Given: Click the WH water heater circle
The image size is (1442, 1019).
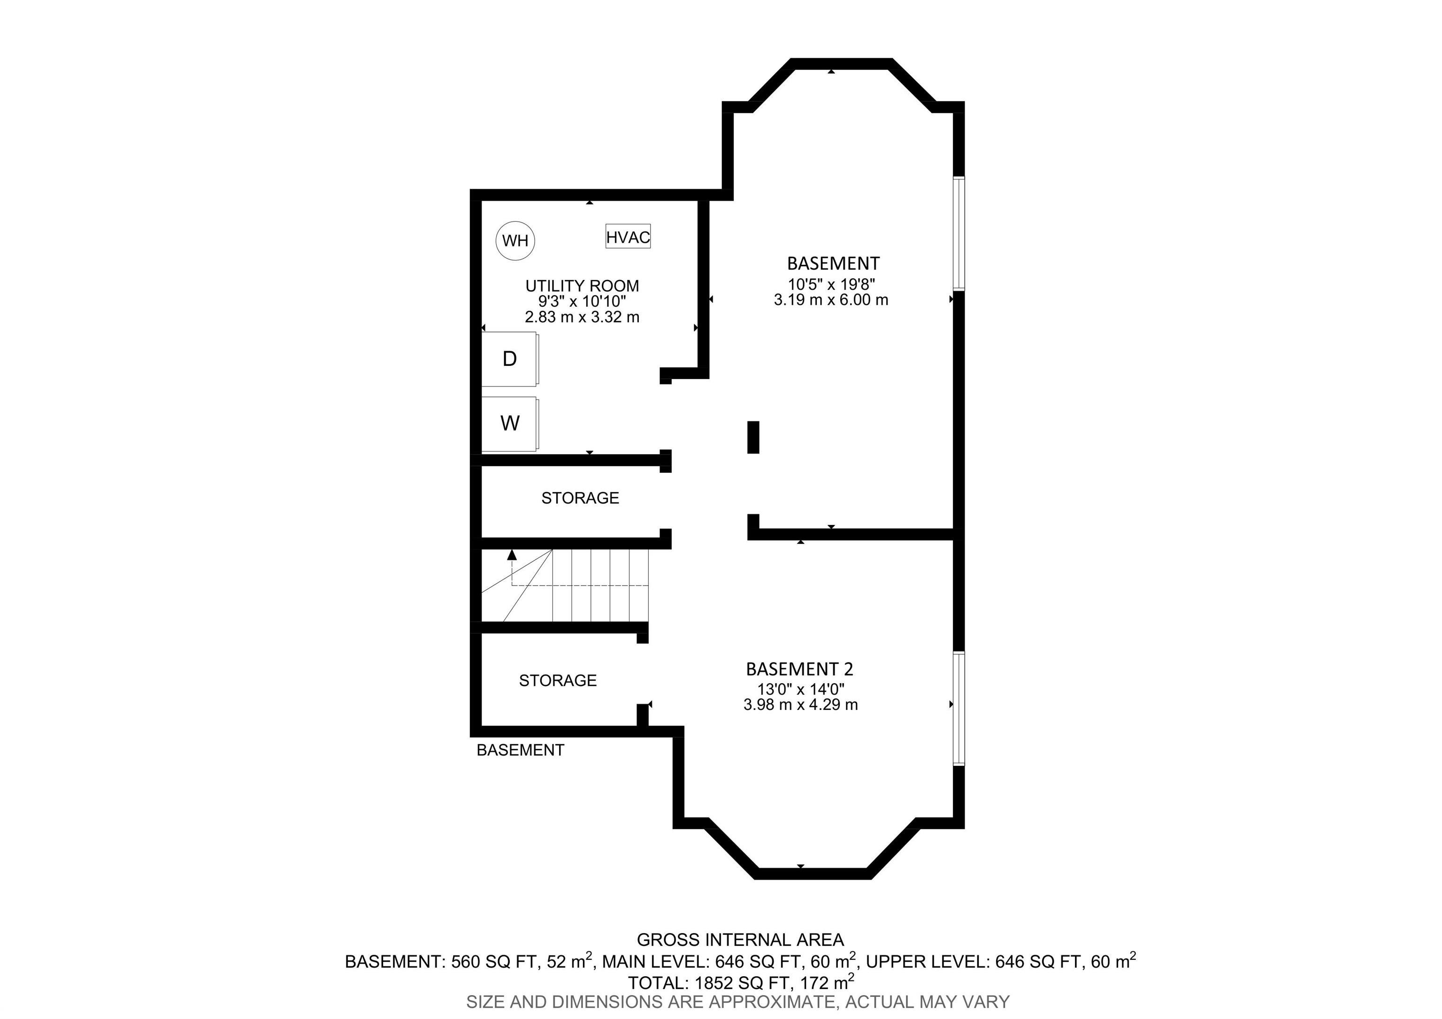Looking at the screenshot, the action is pyautogui.click(x=515, y=240).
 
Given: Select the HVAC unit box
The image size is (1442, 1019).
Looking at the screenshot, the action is pyautogui.click(x=628, y=236).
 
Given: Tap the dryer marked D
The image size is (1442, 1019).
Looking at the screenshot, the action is pyautogui.click(x=510, y=359).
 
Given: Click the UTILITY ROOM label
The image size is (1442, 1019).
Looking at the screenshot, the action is pyautogui.click(x=582, y=286).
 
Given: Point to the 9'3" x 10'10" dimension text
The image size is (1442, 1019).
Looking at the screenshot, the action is pyautogui.click(x=582, y=301).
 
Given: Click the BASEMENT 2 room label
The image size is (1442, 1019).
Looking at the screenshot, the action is pyautogui.click(x=799, y=669).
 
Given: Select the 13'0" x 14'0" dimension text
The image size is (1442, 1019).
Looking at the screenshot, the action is pyautogui.click(x=800, y=689).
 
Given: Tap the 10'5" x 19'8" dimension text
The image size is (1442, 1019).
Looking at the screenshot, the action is pyautogui.click(x=831, y=284).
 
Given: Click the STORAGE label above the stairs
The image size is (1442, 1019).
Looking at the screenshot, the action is pyautogui.click(x=580, y=498).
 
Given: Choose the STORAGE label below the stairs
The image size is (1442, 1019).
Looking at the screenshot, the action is pyautogui.click(x=558, y=680).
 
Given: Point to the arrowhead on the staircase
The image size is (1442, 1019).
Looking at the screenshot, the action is pyautogui.click(x=512, y=554).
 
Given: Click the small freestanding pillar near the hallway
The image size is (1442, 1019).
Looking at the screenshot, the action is pyautogui.click(x=753, y=437).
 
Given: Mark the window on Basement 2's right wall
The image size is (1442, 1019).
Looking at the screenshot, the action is pyautogui.click(x=959, y=709).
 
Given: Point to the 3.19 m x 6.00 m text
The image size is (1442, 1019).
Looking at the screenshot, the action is pyautogui.click(x=831, y=300).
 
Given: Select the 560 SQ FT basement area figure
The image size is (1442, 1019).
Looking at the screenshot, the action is pyautogui.click(x=492, y=961).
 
